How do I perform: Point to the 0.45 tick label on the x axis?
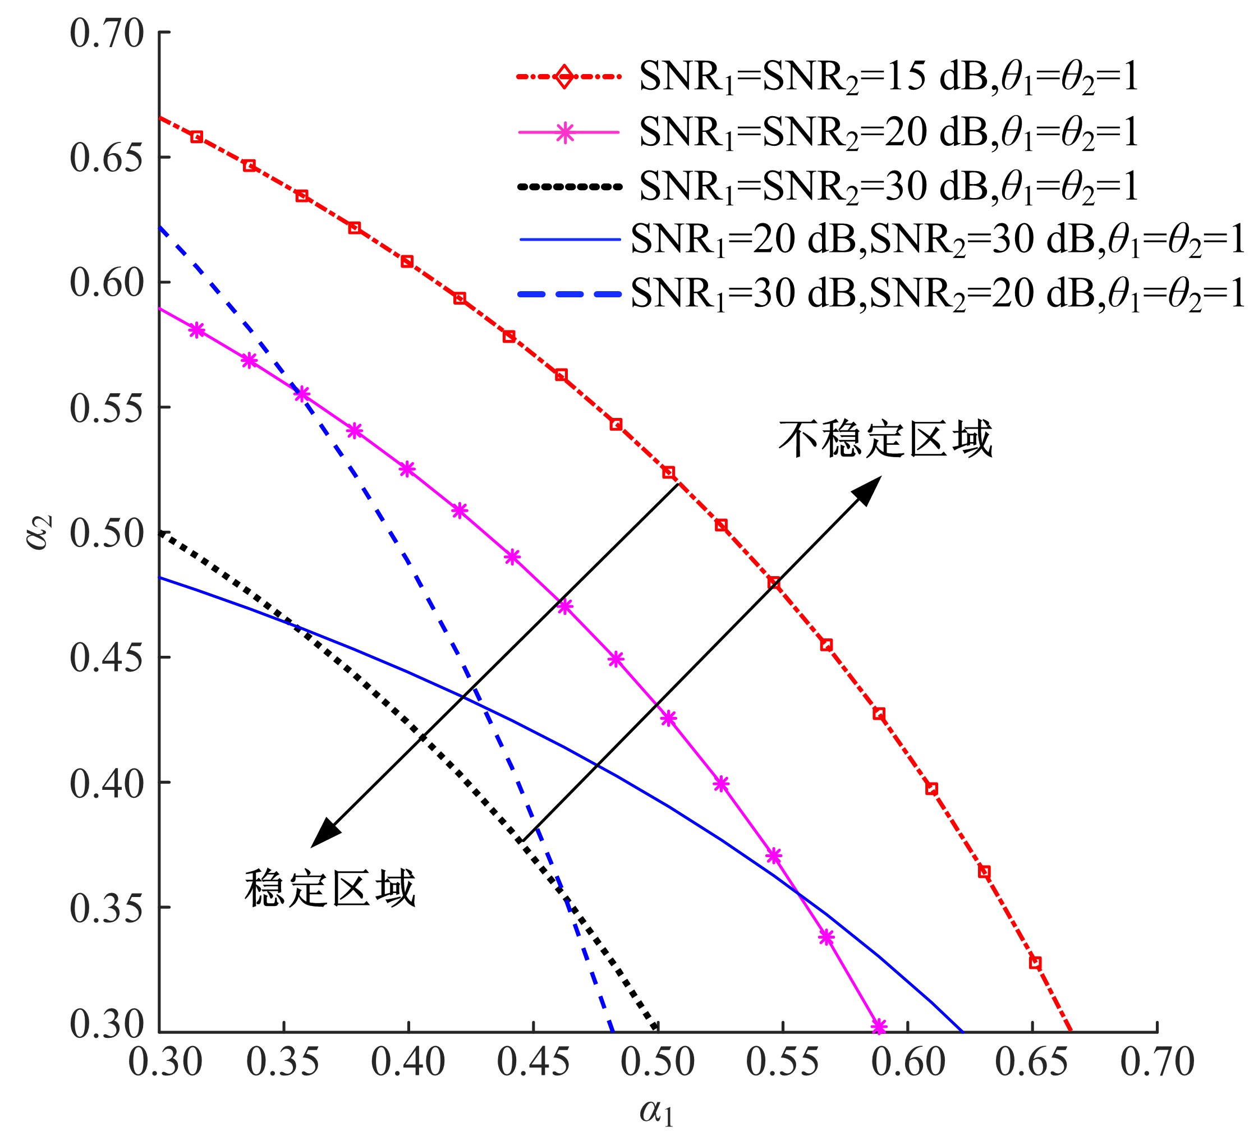pos(534,1063)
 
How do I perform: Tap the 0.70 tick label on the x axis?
pos(1156,1063)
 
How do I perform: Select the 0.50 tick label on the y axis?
pos(107,533)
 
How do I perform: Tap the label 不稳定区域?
pos(885,439)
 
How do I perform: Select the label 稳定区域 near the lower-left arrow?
pos(330,889)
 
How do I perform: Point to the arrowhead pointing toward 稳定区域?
pos(323,834)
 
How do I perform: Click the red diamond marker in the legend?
pos(564,77)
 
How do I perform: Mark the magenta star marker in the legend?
pos(564,132)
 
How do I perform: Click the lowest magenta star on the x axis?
pos(879,1027)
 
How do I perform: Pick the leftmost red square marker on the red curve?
pos(196,137)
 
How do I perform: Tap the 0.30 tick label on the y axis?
pos(107,1024)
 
